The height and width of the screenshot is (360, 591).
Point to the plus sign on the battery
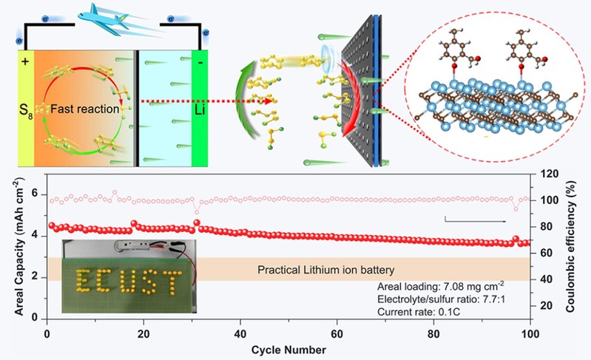pos(26,61)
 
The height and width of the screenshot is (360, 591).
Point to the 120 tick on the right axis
pos(545,174)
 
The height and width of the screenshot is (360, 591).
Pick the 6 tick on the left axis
pos(35,176)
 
